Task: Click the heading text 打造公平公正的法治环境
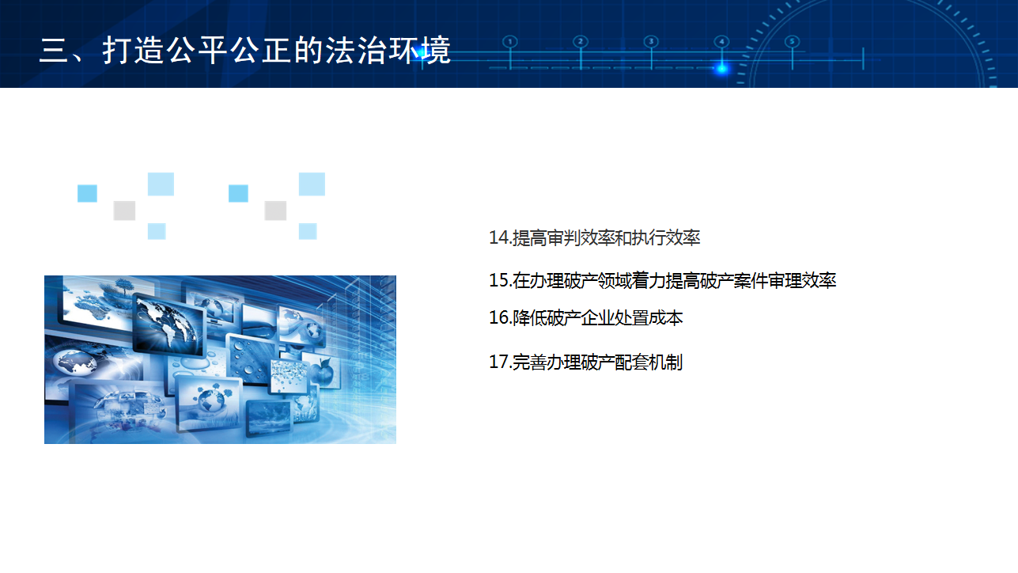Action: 276,50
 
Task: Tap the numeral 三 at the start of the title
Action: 54,50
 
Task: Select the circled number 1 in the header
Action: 510,42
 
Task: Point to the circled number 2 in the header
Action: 581,42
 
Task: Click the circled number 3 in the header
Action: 651,42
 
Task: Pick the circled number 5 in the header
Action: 792,42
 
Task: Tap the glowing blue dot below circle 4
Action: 721,69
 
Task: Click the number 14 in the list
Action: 499,238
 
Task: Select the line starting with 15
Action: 662,280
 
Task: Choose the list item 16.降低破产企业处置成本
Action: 586,318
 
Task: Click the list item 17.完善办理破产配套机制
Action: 585,362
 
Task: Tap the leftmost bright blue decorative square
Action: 87,193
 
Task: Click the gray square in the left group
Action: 124,211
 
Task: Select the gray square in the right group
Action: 275,211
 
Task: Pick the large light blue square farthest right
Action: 312,184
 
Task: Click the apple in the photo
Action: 323,371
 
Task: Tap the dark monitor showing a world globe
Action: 169,325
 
